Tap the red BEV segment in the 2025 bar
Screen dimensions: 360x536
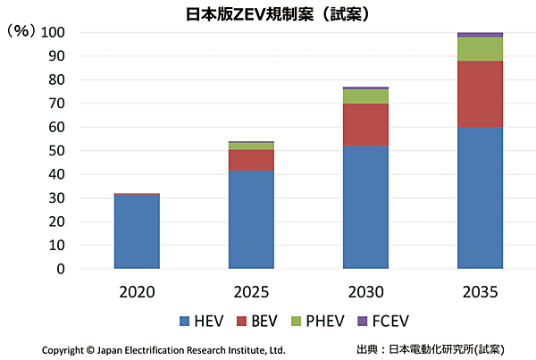(x=251, y=160)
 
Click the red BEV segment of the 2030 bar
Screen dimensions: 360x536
(x=365, y=124)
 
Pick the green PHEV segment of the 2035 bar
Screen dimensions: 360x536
(x=480, y=49)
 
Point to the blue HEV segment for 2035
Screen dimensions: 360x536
(x=480, y=197)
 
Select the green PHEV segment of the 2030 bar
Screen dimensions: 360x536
(x=365, y=96)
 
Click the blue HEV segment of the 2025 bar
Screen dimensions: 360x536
(x=251, y=219)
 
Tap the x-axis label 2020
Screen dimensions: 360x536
(x=137, y=291)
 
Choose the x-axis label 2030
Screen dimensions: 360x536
(x=365, y=291)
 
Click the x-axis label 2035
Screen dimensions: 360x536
(x=480, y=291)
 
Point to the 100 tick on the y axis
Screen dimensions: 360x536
(x=56, y=33)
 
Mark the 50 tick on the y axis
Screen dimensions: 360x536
(x=60, y=151)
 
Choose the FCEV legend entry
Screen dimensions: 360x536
(x=394, y=321)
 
